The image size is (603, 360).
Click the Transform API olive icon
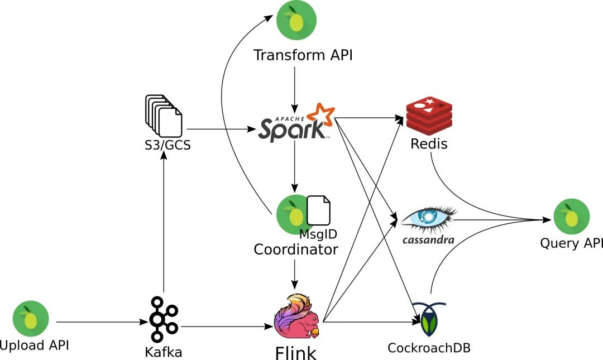click(x=296, y=21)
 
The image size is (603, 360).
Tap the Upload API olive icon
click(x=31, y=319)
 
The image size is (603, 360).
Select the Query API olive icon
click(x=571, y=216)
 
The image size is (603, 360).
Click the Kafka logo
click(x=163, y=319)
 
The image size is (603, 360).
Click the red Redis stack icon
click(x=429, y=114)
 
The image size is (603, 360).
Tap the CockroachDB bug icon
click(x=429, y=320)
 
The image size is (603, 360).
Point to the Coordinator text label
click(x=296, y=249)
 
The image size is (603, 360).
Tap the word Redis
click(x=429, y=144)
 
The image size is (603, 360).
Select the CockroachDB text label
click(x=429, y=348)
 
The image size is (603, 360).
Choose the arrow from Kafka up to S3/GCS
click(x=164, y=223)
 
